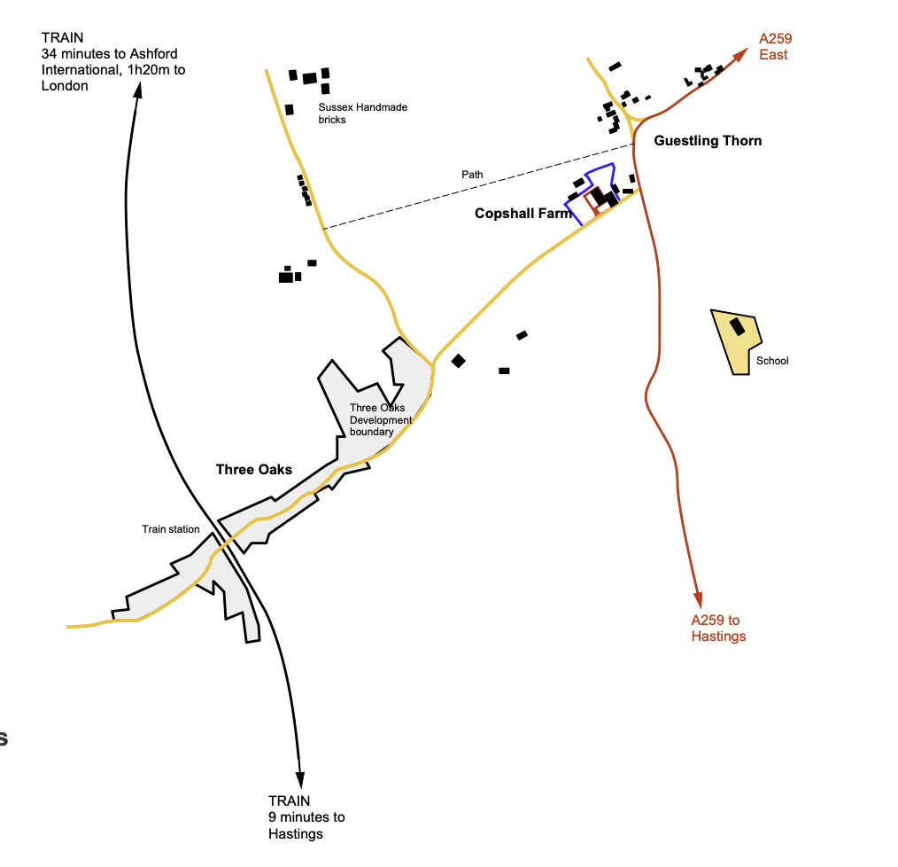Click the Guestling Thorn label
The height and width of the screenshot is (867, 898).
click(x=708, y=141)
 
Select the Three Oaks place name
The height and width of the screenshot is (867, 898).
click(x=254, y=470)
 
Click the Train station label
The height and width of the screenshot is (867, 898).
click(x=171, y=529)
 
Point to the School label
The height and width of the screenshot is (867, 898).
click(x=772, y=361)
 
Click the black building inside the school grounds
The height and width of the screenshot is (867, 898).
click(x=738, y=327)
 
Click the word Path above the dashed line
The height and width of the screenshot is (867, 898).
click(x=472, y=175)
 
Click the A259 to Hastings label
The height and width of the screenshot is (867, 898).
click(x=718, y=628)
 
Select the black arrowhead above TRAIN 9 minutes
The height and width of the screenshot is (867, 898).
click(x=301, y=777)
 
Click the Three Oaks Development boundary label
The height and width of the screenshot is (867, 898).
click(x=381, y=420)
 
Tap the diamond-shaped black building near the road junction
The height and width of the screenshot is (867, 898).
click(x=458, y=361)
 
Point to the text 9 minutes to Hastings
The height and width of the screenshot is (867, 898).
click(x=306, y=825)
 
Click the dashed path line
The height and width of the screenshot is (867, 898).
click(x=478, y=187)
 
